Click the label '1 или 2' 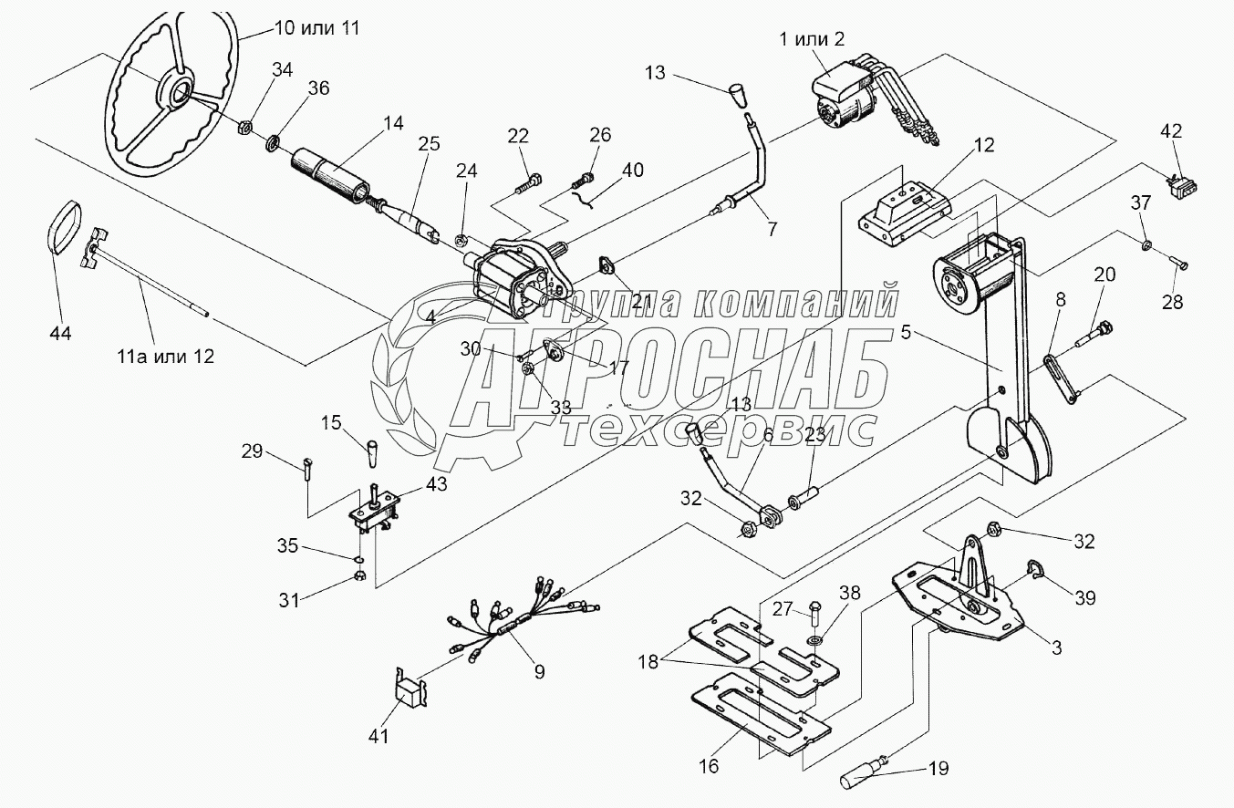814,38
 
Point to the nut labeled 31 359,576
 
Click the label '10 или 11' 317,28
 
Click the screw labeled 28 1177,264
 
